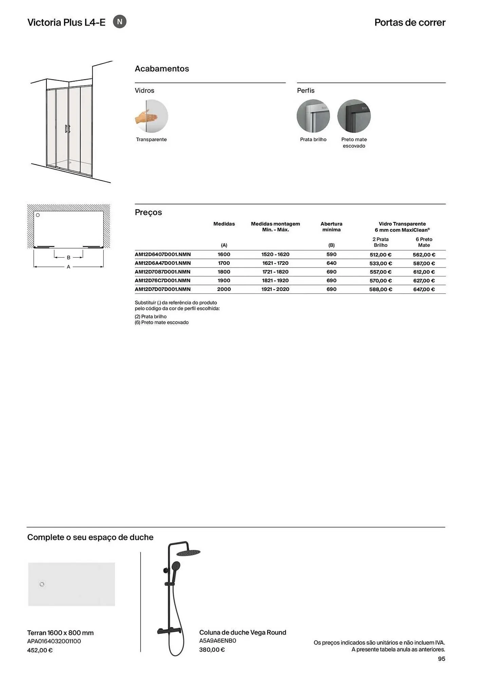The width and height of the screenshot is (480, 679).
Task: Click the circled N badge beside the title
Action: click(x=119, y=22)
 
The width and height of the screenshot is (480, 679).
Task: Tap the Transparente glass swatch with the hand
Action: click(x=151, y=116)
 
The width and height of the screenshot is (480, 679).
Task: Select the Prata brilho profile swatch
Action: click(x=313, y=116)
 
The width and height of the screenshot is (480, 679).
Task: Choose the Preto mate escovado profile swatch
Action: click(x=354, y=116)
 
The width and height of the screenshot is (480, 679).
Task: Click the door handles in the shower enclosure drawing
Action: click(x=68, y=129)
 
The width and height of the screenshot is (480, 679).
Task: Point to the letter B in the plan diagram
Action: click(x=69, y=258)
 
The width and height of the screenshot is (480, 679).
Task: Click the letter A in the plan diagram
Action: click(x=69, y=267)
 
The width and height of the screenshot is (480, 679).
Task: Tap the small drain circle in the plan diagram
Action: click(x=38, y=215)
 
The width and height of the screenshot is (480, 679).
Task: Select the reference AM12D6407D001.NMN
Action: click(x=163, y=254)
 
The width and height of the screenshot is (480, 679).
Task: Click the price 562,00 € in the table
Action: click(x=424, y=255)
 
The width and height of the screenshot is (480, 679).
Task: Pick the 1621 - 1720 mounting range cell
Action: click(x=275, y=263)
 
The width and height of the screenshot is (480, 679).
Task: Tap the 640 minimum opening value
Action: click(x=331, y=263)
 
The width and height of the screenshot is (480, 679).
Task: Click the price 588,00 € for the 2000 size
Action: click(x=381, y=289)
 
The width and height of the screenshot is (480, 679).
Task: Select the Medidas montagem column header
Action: click(x=275, y=226)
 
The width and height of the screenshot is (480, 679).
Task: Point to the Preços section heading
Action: click(x=148, y=212)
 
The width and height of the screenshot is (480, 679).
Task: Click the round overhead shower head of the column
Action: click(x=188, y=553)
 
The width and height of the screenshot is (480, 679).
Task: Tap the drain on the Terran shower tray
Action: click(x=42, y=584)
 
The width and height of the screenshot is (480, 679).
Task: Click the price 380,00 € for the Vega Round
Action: click(x=212, y=649)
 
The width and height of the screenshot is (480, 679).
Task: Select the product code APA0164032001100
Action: click(x=54, y=641)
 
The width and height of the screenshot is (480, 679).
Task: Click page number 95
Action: click(x=441, y=659)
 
